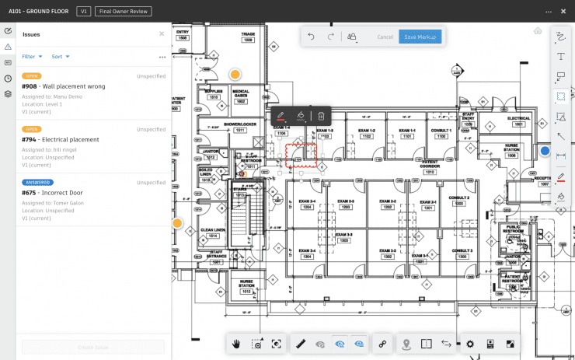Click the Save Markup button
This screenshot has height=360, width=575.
point(420,37)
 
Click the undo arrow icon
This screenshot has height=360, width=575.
point(312,37)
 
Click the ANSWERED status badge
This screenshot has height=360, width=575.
point(37,183)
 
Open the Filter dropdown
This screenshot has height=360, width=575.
point(32,57)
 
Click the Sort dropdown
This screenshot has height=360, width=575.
point(61,57)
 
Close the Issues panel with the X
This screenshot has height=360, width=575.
point(162,34)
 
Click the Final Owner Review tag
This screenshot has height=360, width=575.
point(123,12)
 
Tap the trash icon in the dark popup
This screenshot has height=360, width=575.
point(321,116)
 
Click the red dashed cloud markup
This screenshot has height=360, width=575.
point(301,155)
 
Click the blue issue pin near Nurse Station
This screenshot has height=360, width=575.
point(545,151)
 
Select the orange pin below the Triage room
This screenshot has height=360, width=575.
point(235,75)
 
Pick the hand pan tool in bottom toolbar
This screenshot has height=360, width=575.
point(236,344)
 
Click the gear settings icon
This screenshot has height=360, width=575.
point(469,344)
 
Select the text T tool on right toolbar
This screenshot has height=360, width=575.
point(560,56)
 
